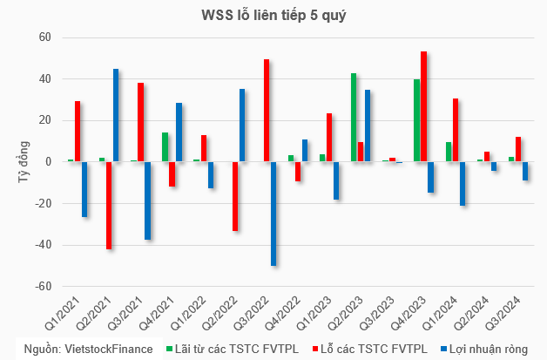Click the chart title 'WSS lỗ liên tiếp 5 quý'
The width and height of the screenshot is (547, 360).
tap(273, 16)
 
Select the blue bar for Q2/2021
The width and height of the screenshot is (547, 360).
tap(116, 115)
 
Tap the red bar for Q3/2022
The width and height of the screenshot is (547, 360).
tap(267, 111)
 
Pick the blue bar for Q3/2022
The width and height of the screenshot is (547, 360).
tap(273, 214)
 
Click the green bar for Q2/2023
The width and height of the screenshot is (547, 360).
tap(354, 118)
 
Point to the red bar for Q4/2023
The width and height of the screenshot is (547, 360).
tap(424, 106)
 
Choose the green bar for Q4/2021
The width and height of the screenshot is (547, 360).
tap(165, 147)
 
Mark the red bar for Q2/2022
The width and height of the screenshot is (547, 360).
tap(235, 196)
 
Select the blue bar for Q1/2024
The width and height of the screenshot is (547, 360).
tap(463, 184)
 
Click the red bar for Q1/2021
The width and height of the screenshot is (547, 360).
tap(78, 132)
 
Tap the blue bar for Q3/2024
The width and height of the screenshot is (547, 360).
tap(525, 171)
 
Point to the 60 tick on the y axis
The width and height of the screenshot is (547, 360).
tap(45, 37)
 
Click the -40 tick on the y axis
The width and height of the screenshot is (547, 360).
tap(43, 245)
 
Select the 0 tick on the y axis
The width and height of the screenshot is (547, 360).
tap(48, 161)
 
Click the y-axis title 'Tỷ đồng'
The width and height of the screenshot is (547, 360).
tap(24, 161)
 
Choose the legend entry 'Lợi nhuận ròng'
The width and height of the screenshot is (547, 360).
tap(484, 349)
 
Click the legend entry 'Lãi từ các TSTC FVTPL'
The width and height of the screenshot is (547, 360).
tap(233, 349)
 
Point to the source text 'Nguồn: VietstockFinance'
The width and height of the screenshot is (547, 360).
tap(88, 349)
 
